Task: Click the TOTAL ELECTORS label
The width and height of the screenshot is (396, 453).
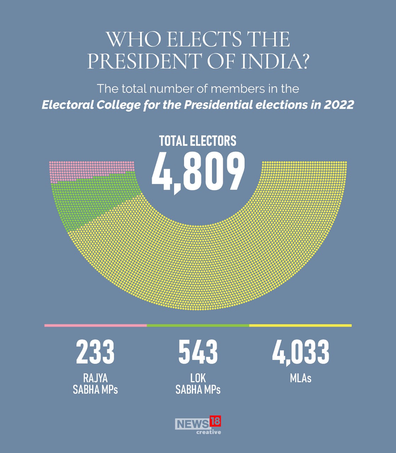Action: click(197, 141)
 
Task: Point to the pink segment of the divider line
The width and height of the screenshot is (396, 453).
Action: click(95, 325)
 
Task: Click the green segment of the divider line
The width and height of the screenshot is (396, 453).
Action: click(198, 325)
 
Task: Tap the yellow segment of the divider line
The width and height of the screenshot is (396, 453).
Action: click(300, 325)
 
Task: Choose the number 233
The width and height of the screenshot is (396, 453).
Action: click(95, 352)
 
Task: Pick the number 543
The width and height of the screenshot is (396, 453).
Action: click(198, 352)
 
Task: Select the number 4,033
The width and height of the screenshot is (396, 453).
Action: click(300, 352)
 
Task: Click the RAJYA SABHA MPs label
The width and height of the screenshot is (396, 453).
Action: click(95, 384)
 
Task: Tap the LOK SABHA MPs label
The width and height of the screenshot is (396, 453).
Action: click(198, 384)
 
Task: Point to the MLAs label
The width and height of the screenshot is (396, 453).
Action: click(300, 378)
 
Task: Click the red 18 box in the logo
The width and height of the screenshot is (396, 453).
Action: click(215, 421)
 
